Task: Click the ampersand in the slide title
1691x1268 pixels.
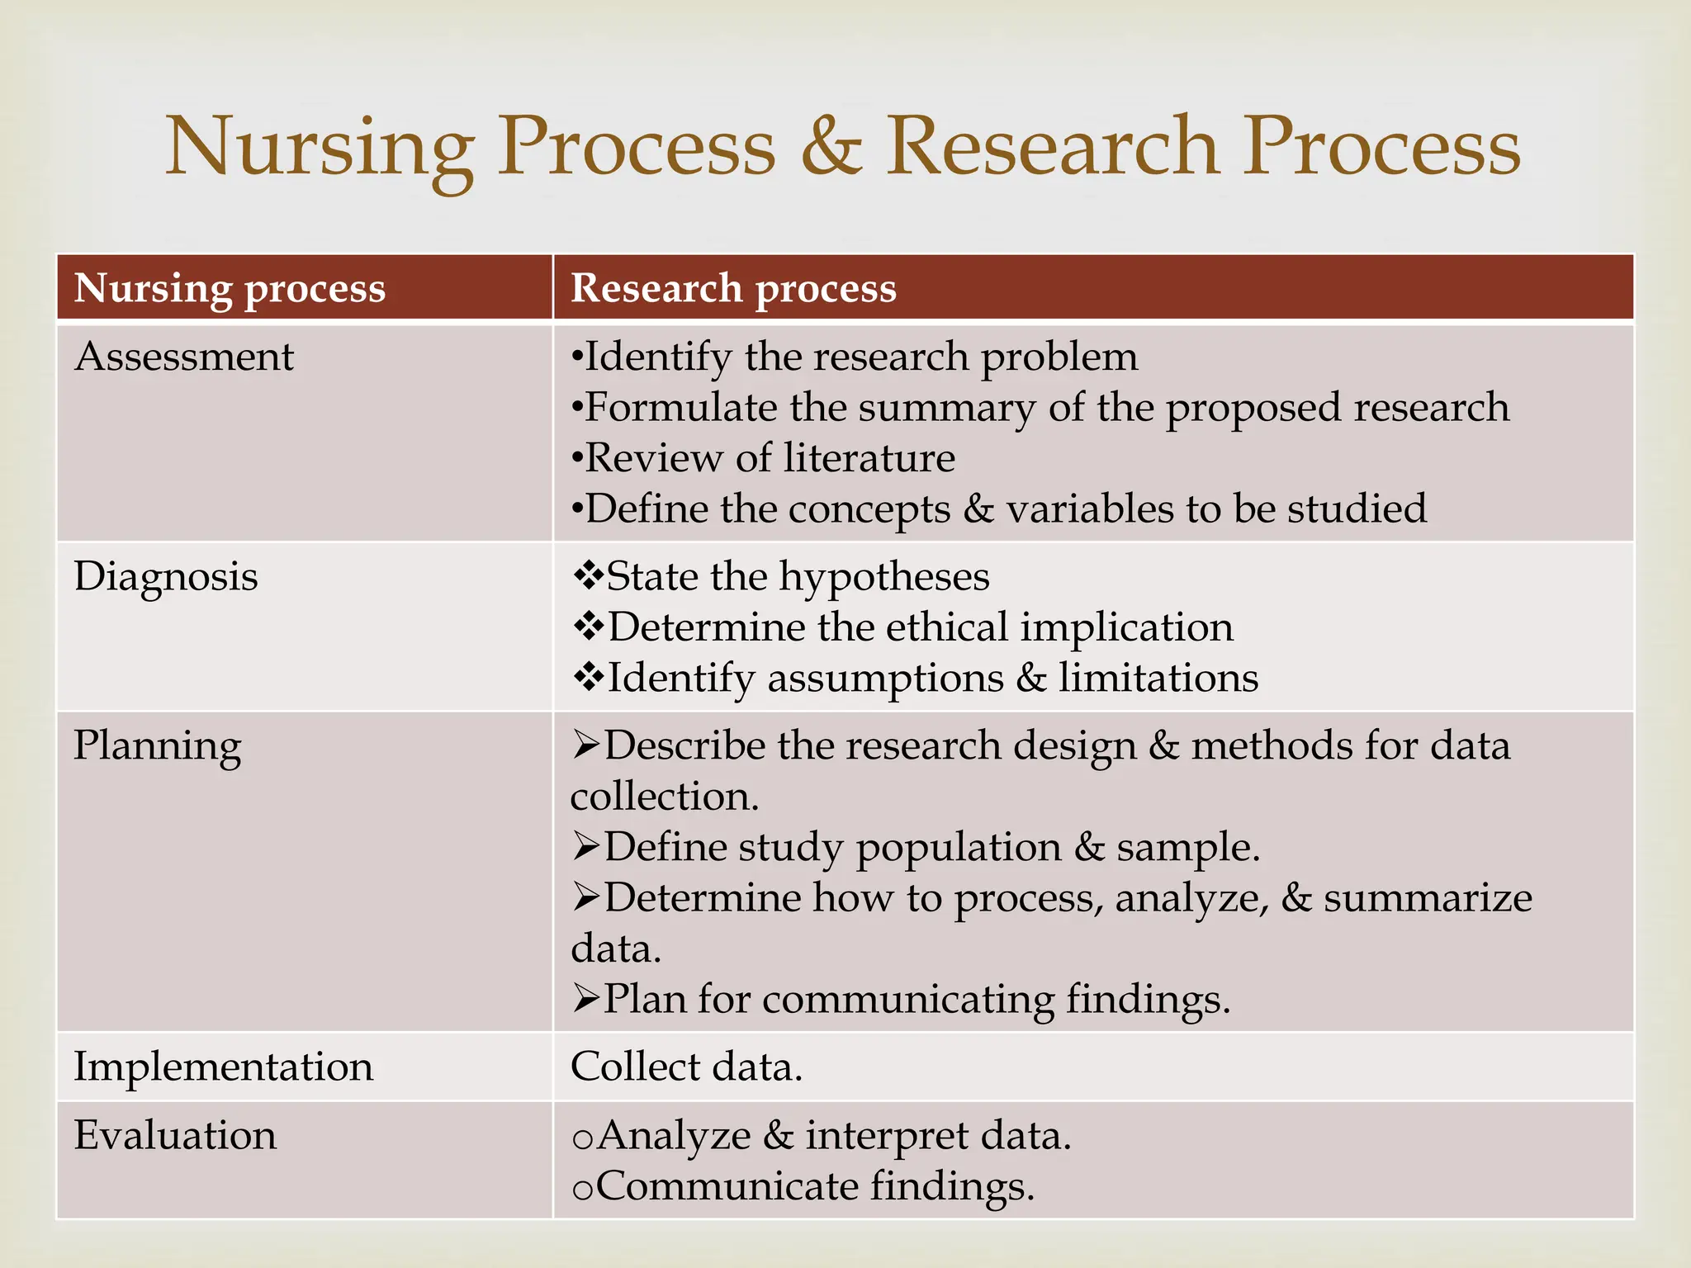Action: coord(831,147)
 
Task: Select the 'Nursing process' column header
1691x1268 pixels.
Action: coord(230,288)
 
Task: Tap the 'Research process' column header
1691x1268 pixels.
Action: coord(733,288)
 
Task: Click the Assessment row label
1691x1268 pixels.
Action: coord(184,357)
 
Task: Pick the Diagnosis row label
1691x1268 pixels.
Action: coord(166,576)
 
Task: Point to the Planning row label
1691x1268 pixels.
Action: coord(158,746)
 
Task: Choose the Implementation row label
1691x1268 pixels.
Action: coord(224,1066)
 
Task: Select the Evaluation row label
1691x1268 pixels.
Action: coord(175,1135)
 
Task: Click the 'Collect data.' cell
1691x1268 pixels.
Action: coord(686,1066)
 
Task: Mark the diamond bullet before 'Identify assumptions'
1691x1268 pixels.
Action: coord(588,677)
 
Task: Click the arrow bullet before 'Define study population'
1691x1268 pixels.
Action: coord(586,847)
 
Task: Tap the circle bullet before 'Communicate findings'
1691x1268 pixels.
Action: coord(582,1189)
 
